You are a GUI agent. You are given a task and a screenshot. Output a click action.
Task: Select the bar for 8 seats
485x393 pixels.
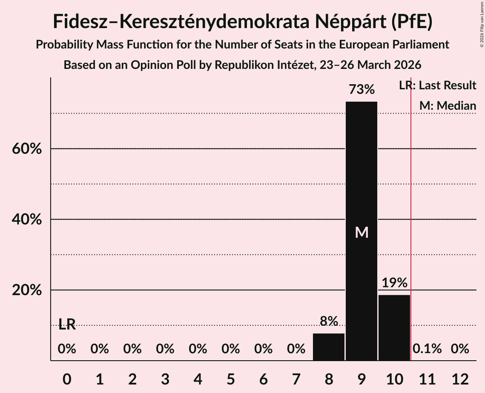pyautogui.click(x=329, y=347)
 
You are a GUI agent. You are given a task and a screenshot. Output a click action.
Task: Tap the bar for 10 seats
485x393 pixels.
pyautogui.click(x=394, y=327)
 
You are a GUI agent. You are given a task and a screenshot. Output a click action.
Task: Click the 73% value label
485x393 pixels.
pyautogui.click(x=362, y=90)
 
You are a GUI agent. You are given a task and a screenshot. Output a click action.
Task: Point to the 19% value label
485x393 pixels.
pyautogui.click(x=394, y=283)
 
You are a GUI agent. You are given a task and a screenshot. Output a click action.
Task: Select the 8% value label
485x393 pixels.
pyautogui.click(x=329, y=321)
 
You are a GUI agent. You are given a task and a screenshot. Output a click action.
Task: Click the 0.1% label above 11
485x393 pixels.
pyautogui.click(x=427, y=349)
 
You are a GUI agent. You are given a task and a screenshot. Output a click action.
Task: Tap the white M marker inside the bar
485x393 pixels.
pyautogui.click(x=362, y=232)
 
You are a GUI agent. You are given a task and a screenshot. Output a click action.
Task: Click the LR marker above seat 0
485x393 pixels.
pyautogui.click(x=67, y=325)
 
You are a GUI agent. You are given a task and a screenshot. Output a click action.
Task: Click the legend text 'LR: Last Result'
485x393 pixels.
pyautogui.click(x=437, y=85)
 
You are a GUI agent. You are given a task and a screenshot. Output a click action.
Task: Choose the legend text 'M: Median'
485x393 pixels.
pyautogui.click(x=448, y=105)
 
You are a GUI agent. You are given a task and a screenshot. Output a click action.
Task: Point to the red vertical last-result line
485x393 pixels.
pyautogui.click(x=411, y=213)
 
